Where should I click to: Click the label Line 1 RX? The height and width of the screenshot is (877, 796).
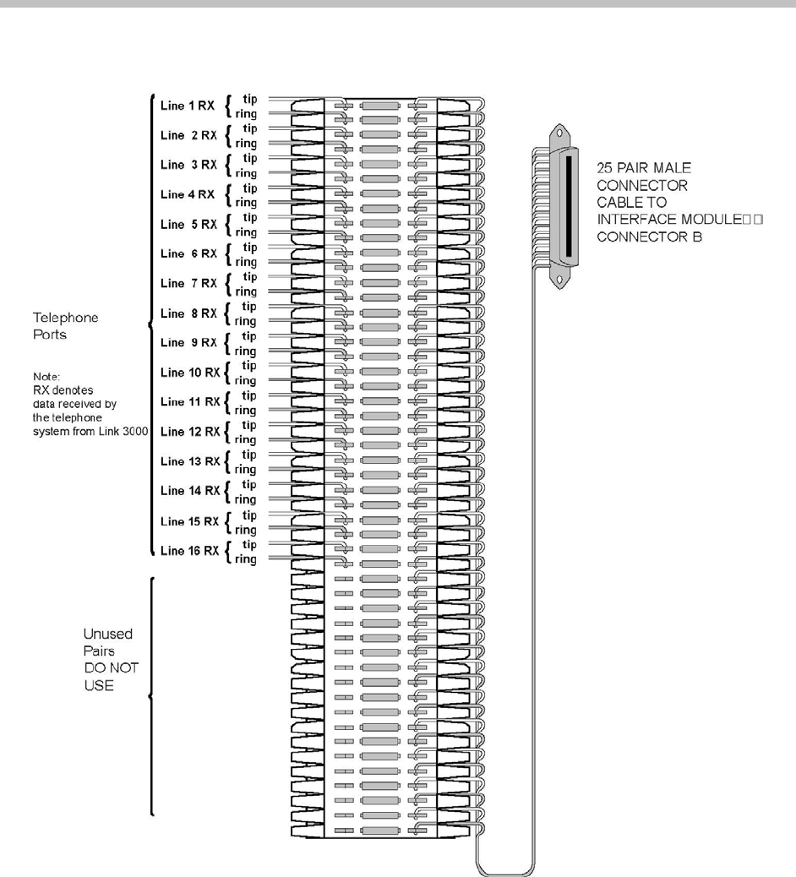[x=188, y=105]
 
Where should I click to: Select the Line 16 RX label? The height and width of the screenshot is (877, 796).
[x=189, y=551]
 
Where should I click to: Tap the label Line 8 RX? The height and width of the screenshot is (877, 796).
[x=189, y=313]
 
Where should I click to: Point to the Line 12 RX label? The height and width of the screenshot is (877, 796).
[x=189, y=432]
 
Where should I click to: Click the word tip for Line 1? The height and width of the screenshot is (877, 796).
[x=250, y=98]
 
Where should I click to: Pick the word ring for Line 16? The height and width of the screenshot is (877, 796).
[x=247, y=558]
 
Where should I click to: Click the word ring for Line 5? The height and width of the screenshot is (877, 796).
[x=247, y=232]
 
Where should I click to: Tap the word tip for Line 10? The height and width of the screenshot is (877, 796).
[x=250, y=365]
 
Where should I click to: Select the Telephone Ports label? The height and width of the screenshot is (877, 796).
[x=65, y=325]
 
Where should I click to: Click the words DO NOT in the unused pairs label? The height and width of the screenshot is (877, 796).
[x=110, y=667]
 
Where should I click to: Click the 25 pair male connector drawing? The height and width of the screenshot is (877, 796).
[x=565, y=206]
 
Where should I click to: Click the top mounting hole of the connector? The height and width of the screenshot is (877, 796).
[x=559, y=133]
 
